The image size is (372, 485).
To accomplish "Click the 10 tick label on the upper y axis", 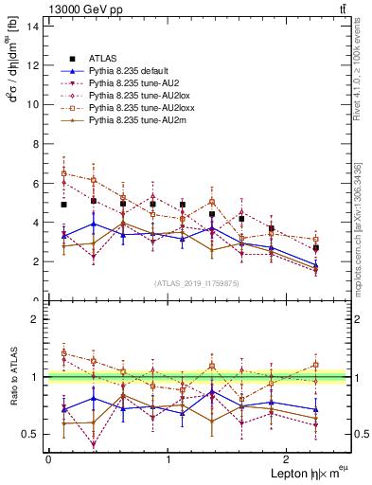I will click(33, 104).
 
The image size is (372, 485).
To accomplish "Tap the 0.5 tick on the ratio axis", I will click(30, 434).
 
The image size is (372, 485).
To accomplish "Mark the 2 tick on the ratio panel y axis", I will click(36, 319).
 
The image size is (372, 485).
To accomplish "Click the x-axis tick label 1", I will click(168, 458).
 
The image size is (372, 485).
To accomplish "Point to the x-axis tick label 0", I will click(48, 458).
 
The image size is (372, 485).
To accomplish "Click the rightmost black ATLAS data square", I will click(315, 248).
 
